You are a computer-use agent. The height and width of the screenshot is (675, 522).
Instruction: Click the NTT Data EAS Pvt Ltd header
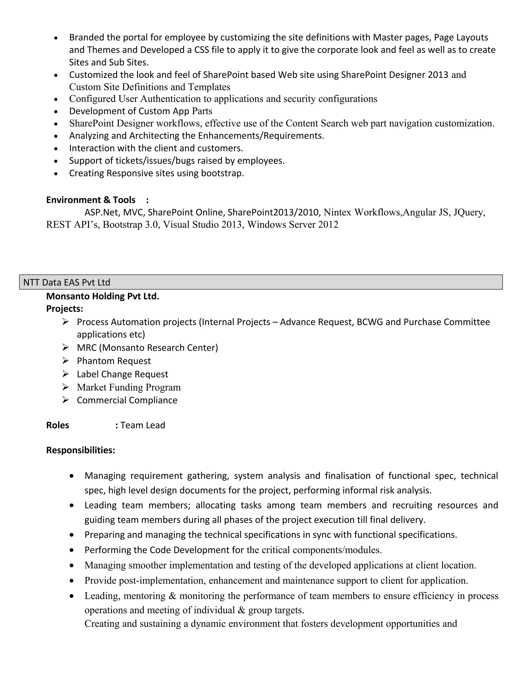tap(67, 282)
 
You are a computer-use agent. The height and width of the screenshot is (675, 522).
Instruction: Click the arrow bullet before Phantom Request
tap(65, 360)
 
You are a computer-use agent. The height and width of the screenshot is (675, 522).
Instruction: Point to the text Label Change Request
tap(122, 374)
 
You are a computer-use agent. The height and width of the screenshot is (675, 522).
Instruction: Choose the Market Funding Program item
tap(129, 387)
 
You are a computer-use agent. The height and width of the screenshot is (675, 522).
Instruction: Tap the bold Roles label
tap(58, 425)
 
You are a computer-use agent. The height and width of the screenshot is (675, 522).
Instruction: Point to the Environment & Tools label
tap(90, 200)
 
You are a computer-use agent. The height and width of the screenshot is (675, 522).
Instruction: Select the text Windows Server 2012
tap(293, 225)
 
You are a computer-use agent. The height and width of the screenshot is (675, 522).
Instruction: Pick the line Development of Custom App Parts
tap(140, 111)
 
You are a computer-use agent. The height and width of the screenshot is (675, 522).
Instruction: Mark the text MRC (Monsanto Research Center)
tap(147, 348)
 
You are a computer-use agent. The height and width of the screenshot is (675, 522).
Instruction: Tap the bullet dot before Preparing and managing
tap(72, 535)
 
